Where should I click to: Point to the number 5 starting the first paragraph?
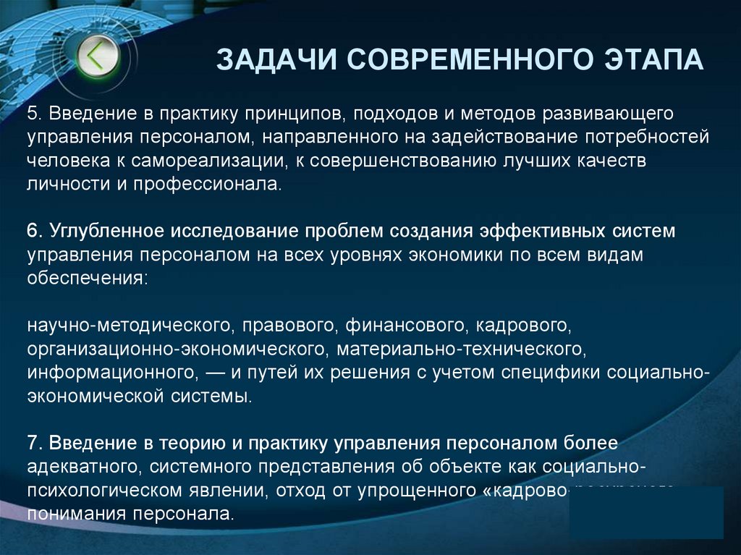click(32, 114)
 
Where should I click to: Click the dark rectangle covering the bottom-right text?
click(646, 512)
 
